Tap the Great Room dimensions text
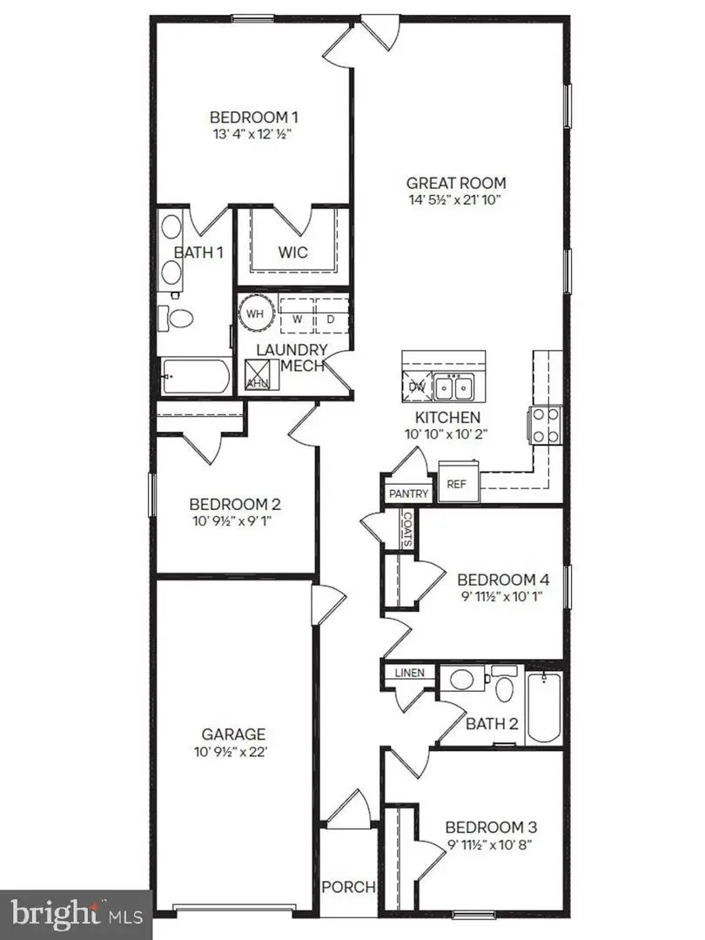pos(455,200)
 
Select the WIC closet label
pos(293,253)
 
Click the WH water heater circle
pos(254,313)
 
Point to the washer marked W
pos(297,318)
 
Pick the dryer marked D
pos(331,318)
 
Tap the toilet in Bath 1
pos(180,318)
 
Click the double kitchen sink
pos(453,385)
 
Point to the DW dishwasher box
pos(415,385)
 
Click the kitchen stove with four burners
pos(545,426)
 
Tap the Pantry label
pos(408,494)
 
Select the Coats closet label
pos(407,527)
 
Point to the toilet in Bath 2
pos(503,687)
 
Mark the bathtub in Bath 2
pos(545,707)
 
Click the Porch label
pos(349,887)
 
